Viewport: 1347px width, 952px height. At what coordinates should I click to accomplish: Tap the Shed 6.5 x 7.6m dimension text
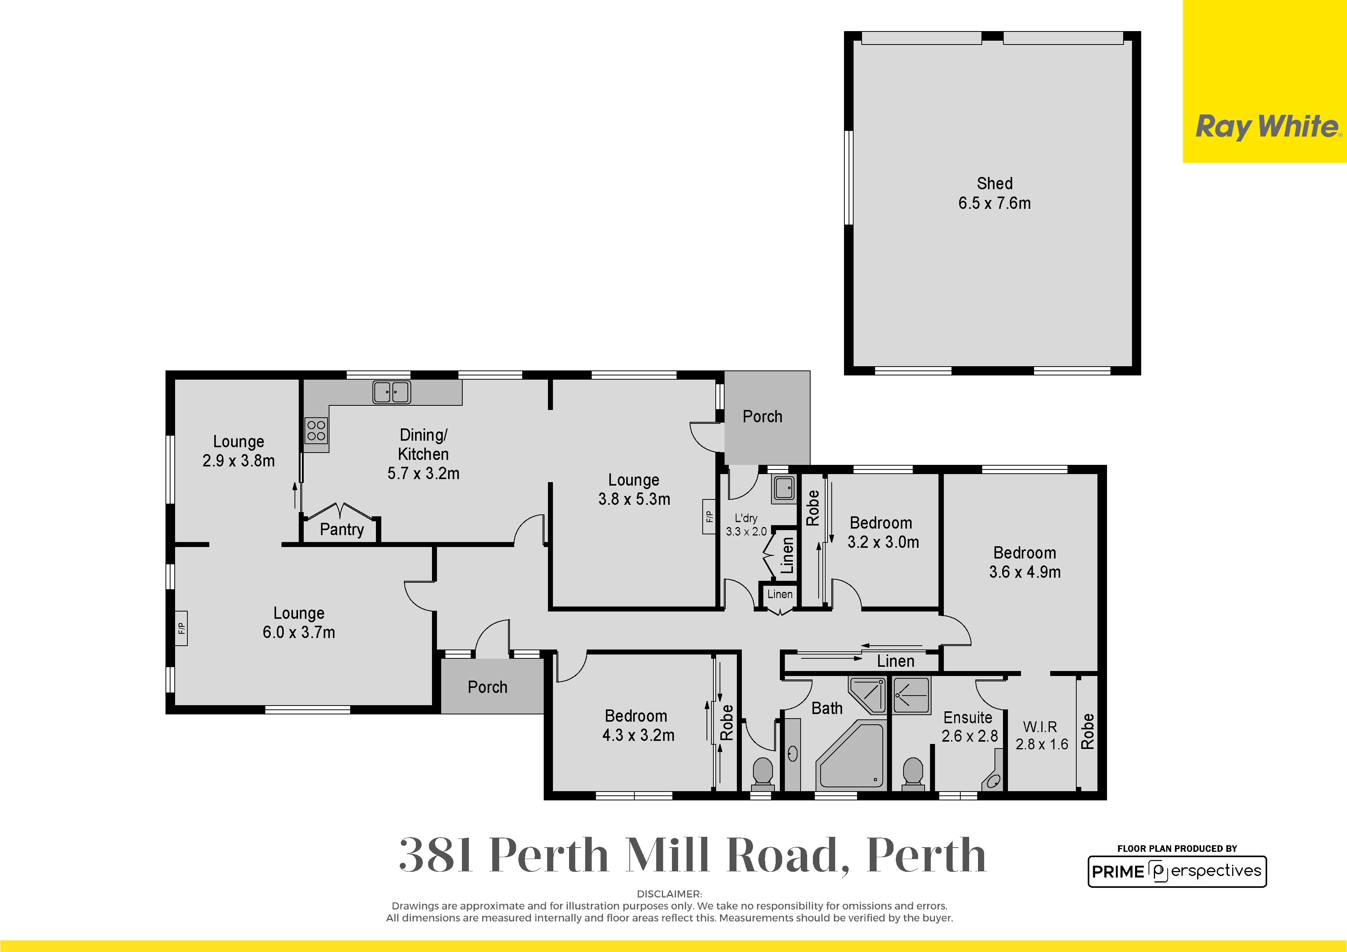click(995, 203)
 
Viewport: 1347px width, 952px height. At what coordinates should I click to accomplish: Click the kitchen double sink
click(391, 392)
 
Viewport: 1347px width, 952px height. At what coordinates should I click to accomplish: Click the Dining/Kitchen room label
click(423, 454)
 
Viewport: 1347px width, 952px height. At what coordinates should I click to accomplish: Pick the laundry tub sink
click(783, 488)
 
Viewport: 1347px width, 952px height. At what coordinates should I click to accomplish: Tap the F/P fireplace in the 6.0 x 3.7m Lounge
click(181, 628)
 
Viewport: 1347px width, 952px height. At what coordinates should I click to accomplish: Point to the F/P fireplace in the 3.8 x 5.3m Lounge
click(709, 517)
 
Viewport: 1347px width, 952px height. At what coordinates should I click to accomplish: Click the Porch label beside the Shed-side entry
click(762, 416)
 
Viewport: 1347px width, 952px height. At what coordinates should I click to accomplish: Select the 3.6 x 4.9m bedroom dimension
click(1025, 572)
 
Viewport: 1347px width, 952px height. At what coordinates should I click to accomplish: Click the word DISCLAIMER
click(669, 894)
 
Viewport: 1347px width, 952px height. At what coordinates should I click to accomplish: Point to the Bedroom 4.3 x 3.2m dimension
click(638, 735)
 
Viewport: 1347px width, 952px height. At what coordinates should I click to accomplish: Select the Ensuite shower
click(911, 696)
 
